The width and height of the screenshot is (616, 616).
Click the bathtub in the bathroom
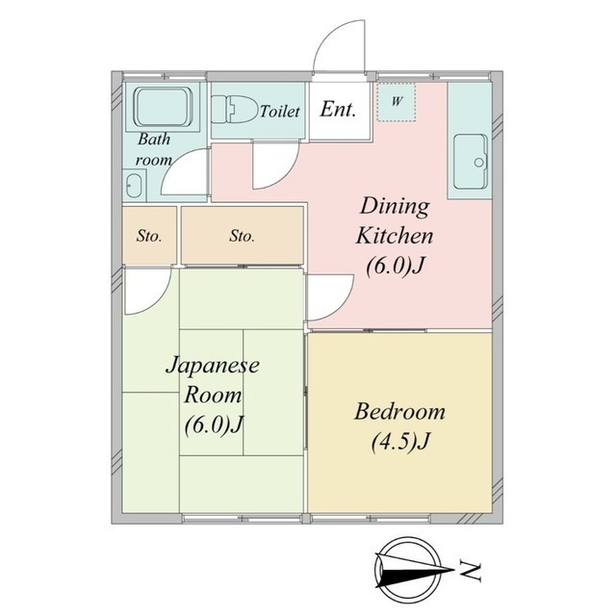[163, 107]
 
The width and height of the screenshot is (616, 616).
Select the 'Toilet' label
[280, 112]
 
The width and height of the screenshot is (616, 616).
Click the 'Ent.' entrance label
[338, 109]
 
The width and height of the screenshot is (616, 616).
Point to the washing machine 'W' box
[397, 102]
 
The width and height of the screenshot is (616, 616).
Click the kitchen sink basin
[471, 162]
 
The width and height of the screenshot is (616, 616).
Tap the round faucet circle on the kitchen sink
[478, 163]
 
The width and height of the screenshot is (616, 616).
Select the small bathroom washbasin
[134, 186]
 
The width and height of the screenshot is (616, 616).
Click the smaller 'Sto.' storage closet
[149, 236]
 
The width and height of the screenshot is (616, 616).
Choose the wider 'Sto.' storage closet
[242, 236]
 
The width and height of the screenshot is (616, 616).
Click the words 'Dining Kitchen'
[395, 220]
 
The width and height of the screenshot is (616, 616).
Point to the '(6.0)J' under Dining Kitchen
[396, 267]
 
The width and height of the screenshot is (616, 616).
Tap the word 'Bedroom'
[399, 412]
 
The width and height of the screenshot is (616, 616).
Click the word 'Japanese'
[213, 366]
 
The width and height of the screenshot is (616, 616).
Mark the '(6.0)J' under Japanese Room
[214, 424]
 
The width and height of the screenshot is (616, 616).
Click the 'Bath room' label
[154, 149]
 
